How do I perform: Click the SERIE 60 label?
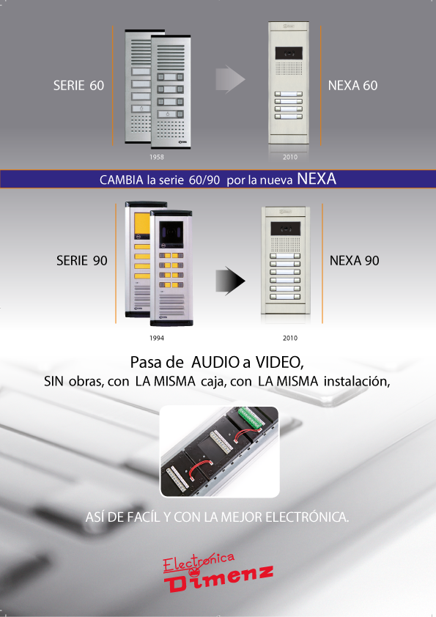click(78, 86)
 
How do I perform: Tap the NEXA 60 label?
click(352, 86)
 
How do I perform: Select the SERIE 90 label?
click(82, 260)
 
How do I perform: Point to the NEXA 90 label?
click(354, 260)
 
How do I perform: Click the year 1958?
click(157, 157)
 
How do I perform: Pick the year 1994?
click(157, 338)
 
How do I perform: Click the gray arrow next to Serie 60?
click(230, 79)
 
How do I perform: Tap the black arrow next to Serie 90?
click(230, 281)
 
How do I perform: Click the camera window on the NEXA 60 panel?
click(289, 52)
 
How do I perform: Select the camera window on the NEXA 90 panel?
click(285, 229)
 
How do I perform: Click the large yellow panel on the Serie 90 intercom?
click(142, 223)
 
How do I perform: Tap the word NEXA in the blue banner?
click(317, 179)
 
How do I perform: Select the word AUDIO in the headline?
click(215, 362)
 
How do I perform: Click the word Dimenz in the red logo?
click(219, 578)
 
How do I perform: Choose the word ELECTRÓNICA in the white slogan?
click(307, 517)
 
